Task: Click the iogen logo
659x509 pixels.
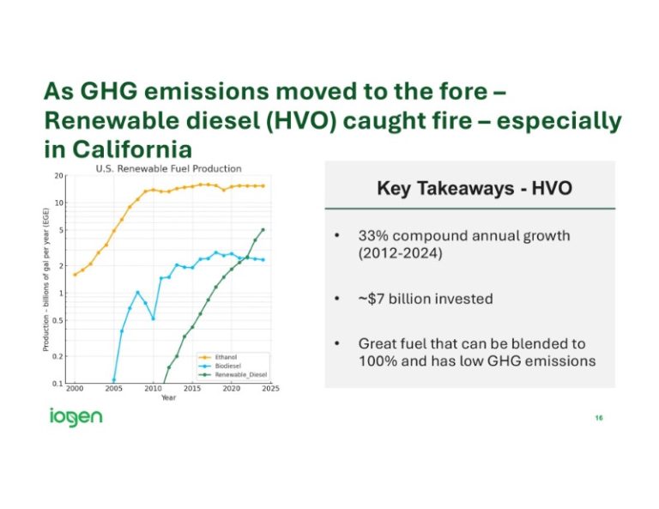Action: (76, 417)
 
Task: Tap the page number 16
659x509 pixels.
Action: (598, 418)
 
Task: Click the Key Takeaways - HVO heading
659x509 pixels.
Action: (474, 189)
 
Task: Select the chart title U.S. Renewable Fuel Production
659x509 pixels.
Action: (167, 168)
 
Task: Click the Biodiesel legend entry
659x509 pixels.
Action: (228, 365)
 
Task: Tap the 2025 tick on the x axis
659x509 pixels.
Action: (270, 390)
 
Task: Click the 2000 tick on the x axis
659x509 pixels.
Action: (75, 390)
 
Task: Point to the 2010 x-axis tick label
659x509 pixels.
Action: (153, 390)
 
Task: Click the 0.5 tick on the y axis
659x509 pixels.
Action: (58, 321)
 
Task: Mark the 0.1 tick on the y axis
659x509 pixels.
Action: (58, 384)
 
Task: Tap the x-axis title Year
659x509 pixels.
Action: (169, 397)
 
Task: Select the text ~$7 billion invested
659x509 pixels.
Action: (426, 299)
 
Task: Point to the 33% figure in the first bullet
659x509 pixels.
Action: (372, 235)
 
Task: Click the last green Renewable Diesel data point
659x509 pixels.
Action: (263, 229)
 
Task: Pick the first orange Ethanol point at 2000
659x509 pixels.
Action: (75, 275)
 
